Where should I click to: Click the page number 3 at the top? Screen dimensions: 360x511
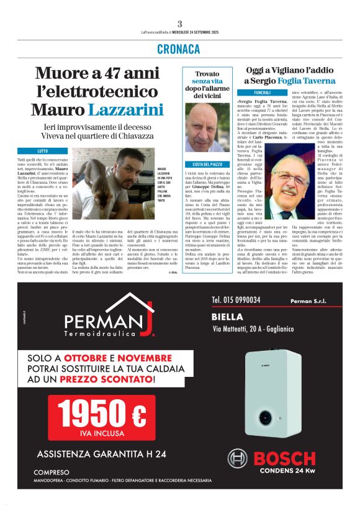179,23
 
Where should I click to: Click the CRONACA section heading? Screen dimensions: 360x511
179,49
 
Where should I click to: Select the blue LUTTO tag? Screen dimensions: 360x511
42,151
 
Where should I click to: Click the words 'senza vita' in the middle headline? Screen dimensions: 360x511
207,81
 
